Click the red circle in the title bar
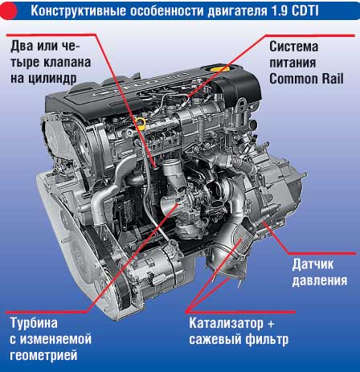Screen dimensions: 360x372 click(9, 10)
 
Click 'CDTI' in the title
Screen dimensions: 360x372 click(305, 11)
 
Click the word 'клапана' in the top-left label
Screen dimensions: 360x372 click(67, 63)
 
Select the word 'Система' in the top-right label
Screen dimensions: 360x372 click(294, 47)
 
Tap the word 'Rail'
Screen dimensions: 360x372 click(330, 79)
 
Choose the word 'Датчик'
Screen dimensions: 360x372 click(313, 264)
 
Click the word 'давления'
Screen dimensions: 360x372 click(320, 281)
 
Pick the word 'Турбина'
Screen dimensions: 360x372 click(34, 323)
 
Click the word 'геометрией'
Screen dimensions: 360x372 click(43, 356)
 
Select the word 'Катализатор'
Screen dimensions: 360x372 click(227, 323)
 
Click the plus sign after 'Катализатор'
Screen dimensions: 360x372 click(271, 324)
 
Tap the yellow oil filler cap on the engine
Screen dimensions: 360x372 click(219, 68)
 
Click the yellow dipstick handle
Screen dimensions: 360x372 click(141, 122)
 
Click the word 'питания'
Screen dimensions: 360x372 click(292, 63)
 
